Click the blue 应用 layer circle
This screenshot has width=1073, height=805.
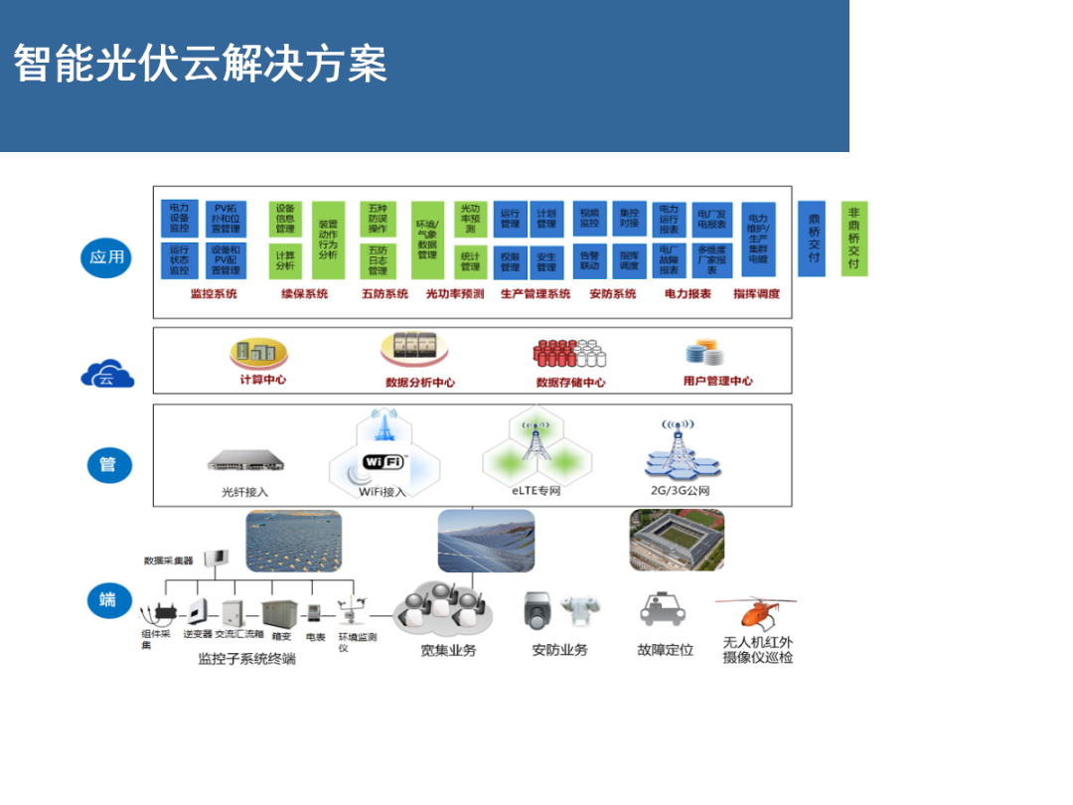tap(106, 257)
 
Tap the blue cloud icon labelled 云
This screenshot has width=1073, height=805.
tap(106, 376)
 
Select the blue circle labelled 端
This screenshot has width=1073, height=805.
tap(107, 599)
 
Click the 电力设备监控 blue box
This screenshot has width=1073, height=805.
tap(179, 218)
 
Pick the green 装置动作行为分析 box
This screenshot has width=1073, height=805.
tap(328, 240)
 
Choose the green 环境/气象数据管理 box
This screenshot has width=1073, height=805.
tap(427, 240)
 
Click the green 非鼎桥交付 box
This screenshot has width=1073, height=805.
tap(853, 240)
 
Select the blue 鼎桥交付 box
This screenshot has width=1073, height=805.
tap(814, 240)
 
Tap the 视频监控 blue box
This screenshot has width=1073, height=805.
tap(590, 218)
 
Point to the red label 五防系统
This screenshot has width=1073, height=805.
tap(384, 294)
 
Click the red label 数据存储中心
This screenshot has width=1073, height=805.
tap(570, 382)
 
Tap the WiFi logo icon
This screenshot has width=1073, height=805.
tap(383, 462)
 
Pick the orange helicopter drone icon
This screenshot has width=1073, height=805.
tap(755, 613)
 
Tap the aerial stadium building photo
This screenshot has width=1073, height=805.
tap(677, 540)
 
